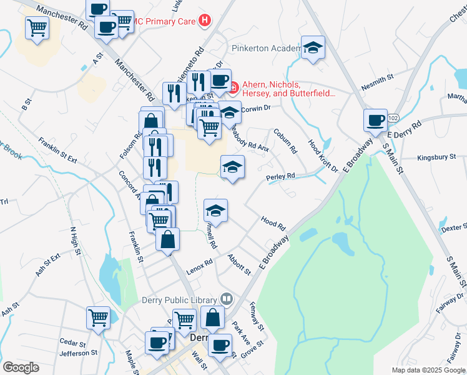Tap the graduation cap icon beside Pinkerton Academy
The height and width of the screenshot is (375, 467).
313,47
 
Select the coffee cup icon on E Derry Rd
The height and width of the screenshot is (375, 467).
376,120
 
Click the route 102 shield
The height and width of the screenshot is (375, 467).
393,117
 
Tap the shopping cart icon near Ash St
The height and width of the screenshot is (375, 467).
99,317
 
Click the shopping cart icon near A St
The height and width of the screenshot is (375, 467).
37,27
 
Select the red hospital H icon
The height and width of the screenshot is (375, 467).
204,21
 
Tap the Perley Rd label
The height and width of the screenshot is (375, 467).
280,177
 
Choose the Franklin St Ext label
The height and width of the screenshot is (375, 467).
57,151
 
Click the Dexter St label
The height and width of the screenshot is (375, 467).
454,229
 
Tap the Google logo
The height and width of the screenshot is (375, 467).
21,367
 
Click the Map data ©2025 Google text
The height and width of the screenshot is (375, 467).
428,370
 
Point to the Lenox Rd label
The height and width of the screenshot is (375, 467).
199,261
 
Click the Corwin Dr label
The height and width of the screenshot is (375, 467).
255,108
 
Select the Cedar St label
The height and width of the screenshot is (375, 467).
72,343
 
